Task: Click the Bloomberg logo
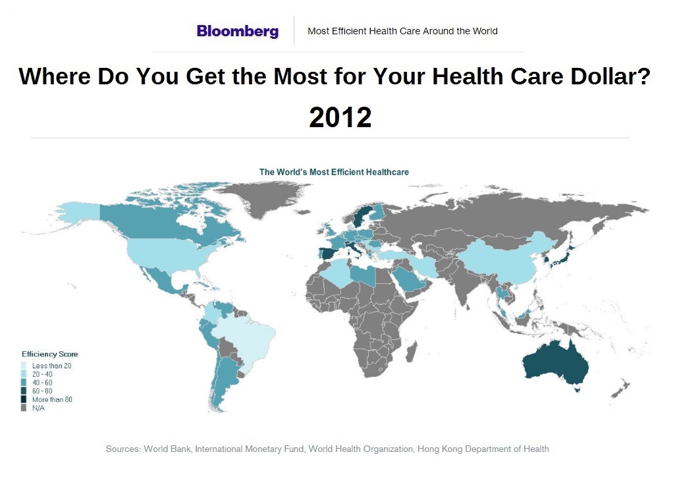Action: pyautogui.click(x=237, y=31)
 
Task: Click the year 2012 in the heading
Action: pyautogui.click(x=340, y=117)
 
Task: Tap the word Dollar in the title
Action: pyautogui.click(x=605, y=77)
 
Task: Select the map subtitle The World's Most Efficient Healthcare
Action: pyautogui.click(x=334, y=172)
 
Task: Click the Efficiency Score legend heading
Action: pyautogui.click(x=49, y=354)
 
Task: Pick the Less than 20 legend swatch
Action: pyautogui.click(x=25, y=366)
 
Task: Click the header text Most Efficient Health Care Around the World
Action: pyautogui.click(x=402, y=31)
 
